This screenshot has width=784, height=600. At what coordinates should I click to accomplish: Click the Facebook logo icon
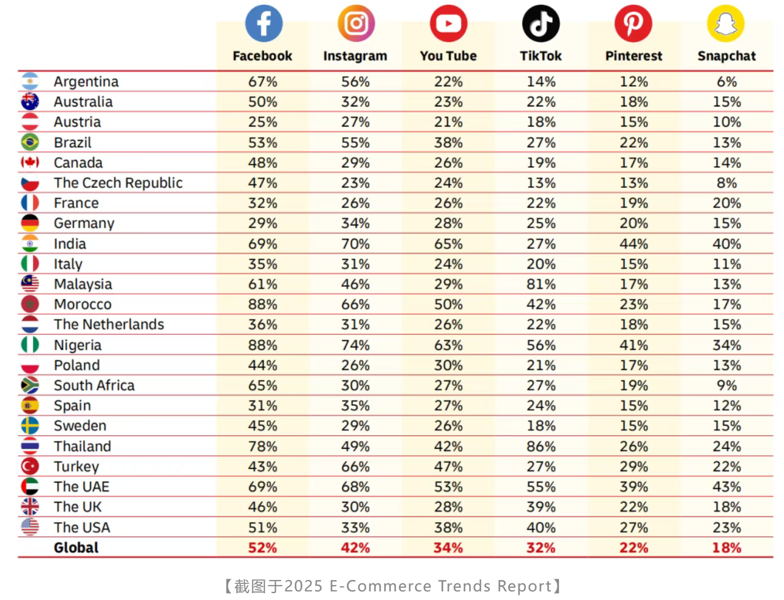[264, 23]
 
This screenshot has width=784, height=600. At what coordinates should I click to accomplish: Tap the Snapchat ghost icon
[726, 23]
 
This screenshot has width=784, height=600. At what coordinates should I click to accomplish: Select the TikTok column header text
[541, 56]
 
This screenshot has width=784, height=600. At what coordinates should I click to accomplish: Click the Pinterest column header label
[633, 56]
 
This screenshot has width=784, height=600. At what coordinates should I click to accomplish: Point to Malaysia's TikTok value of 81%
[541, 284]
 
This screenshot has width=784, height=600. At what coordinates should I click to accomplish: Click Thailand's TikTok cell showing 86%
[541, 447]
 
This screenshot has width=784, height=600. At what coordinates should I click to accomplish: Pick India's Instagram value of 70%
[355, 244]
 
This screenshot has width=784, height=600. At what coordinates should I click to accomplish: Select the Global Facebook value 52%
[263, 547]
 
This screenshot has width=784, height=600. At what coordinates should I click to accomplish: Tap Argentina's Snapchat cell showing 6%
[727, 81]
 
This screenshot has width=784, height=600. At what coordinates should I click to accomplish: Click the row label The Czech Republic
[118, 183]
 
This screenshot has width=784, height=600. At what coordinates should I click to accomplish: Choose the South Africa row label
[94, 385]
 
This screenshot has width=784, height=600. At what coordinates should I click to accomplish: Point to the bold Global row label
[76, 547]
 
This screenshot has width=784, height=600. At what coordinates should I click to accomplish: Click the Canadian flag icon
[30, 162]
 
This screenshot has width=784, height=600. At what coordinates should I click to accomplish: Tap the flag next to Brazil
[30, 142]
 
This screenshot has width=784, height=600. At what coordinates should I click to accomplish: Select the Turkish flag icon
[30, 467]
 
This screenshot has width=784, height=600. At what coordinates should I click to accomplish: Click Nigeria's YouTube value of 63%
[448, 345]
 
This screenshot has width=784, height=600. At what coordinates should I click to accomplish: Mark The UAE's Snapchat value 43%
[727, 487]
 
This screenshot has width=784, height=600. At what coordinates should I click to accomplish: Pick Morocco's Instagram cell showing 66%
[355, 305]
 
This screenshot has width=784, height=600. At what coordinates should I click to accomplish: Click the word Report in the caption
[524, 586]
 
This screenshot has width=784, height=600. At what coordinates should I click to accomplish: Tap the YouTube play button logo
[448, 23]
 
